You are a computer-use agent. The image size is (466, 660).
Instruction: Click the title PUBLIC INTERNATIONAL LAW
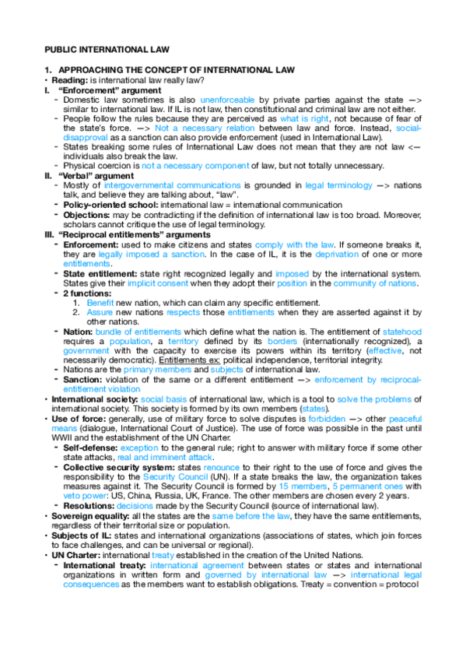tap(98, 49)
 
